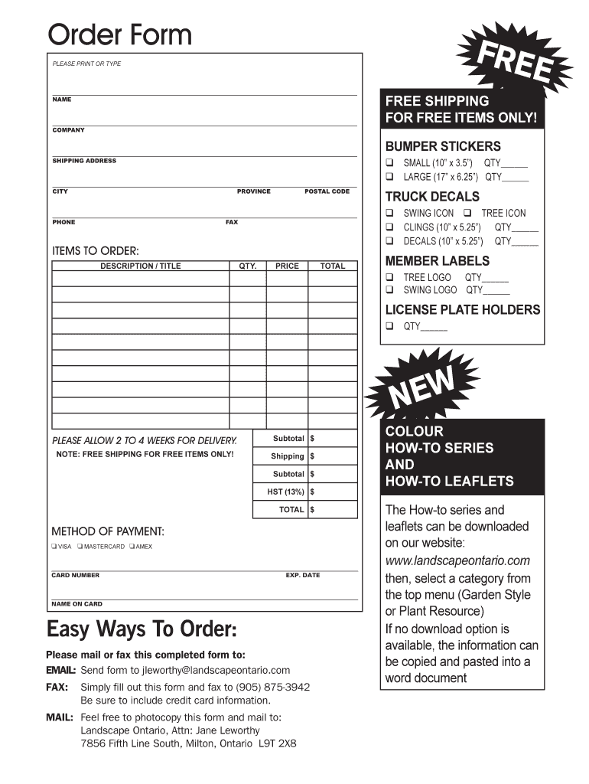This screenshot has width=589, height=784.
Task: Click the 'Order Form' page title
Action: coord(119,34)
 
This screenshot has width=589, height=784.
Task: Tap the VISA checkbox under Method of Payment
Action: coord(54,547)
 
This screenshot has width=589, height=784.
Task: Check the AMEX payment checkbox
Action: coord(132,547)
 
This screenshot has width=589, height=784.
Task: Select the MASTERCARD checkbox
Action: coord(80,547)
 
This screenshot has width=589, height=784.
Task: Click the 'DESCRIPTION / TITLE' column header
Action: coord(141,266)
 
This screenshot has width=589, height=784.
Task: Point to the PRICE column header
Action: coord(287,266)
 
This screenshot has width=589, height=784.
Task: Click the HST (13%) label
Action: coord(285,492)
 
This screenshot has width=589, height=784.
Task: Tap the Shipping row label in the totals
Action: coord(288,456)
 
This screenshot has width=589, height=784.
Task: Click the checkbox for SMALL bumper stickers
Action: coord(389,163)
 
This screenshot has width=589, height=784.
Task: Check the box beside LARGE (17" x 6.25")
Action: coord(389,177)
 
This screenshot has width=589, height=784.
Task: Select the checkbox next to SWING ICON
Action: coord(389,213)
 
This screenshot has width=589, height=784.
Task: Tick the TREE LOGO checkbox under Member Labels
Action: coord(389,277)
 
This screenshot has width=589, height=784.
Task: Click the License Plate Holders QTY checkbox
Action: coord(389,326)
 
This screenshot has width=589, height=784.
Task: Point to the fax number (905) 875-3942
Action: coord(273,687)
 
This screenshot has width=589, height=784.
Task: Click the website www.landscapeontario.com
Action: coord(457,561)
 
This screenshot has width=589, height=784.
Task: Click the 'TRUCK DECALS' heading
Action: coord(432,197)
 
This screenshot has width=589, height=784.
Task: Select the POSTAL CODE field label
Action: coord(327,191)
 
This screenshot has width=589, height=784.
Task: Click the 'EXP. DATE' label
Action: coord(303,575)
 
